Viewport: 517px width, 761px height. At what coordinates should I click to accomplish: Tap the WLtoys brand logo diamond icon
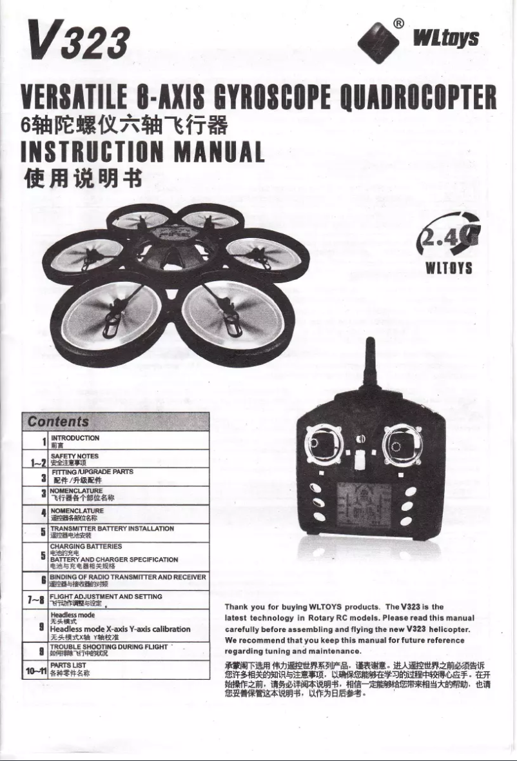point(379,39)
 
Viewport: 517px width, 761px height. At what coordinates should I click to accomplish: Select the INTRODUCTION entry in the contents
point(75,438)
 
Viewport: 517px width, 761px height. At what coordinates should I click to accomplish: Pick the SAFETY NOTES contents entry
point(74,455)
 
